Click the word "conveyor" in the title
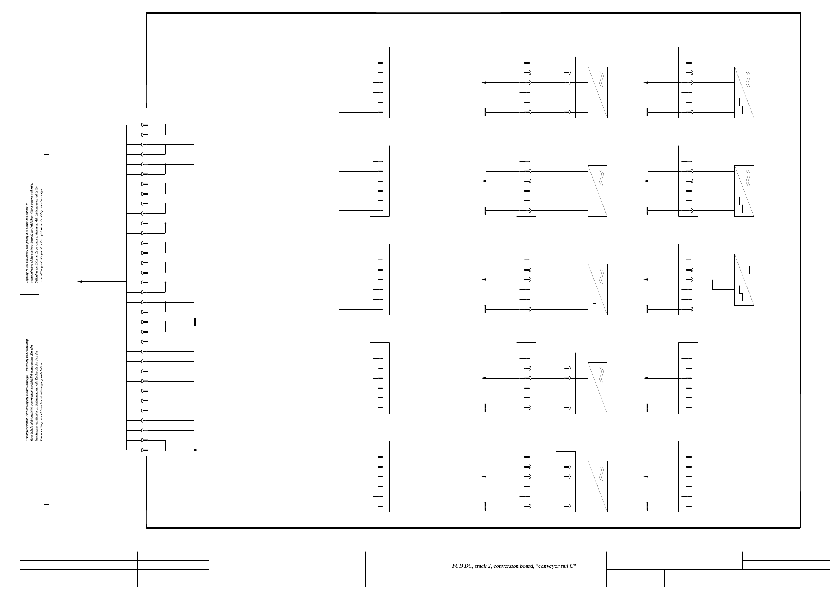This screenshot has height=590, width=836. click(x=548, y=566)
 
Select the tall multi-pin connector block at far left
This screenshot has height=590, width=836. click(x=146, y=282)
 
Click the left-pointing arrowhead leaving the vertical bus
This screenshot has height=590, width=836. click(x=79, y=281)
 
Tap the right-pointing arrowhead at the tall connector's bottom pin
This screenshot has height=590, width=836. click(x=196, y=450)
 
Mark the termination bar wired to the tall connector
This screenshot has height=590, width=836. click(x=195, y=322)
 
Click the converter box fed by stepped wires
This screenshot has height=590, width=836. click(x=744, y=280)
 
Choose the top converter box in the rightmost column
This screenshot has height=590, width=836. click(x=744, y=92)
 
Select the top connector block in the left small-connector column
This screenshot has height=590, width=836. click(x=379, y=82)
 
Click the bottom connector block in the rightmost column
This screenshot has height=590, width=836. click(x=688, y=476)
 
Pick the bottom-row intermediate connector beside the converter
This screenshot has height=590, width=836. click(x=566, y=482)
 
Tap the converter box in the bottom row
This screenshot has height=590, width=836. click(x=598, y=487)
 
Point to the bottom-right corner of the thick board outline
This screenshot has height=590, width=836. click(x=800, y=528)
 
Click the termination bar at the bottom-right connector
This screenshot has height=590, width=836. click(x=647, y=506)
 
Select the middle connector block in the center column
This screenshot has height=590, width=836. click(x=526, y=280)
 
